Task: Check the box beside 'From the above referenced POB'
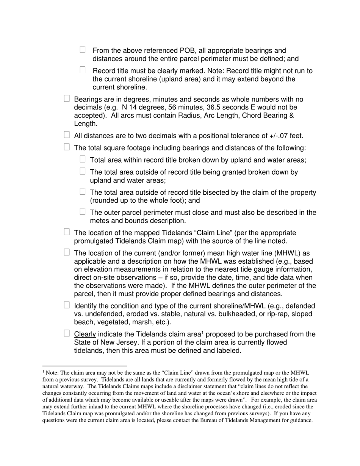[83, 50]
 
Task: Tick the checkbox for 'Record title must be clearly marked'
[83, 70]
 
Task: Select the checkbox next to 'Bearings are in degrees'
[67, 99]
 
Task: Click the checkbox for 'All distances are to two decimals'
[67, 135]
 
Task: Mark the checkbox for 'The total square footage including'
[67, 147]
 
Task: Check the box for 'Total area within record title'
[83, 159]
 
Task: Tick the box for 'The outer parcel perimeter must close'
[83, 212]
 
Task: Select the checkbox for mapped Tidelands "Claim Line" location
[67, 232]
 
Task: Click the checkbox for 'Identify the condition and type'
[67, 305]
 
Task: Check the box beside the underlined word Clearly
[67, 333]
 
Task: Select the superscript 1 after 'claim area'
[202, 332]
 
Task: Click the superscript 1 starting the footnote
[43, 372]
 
